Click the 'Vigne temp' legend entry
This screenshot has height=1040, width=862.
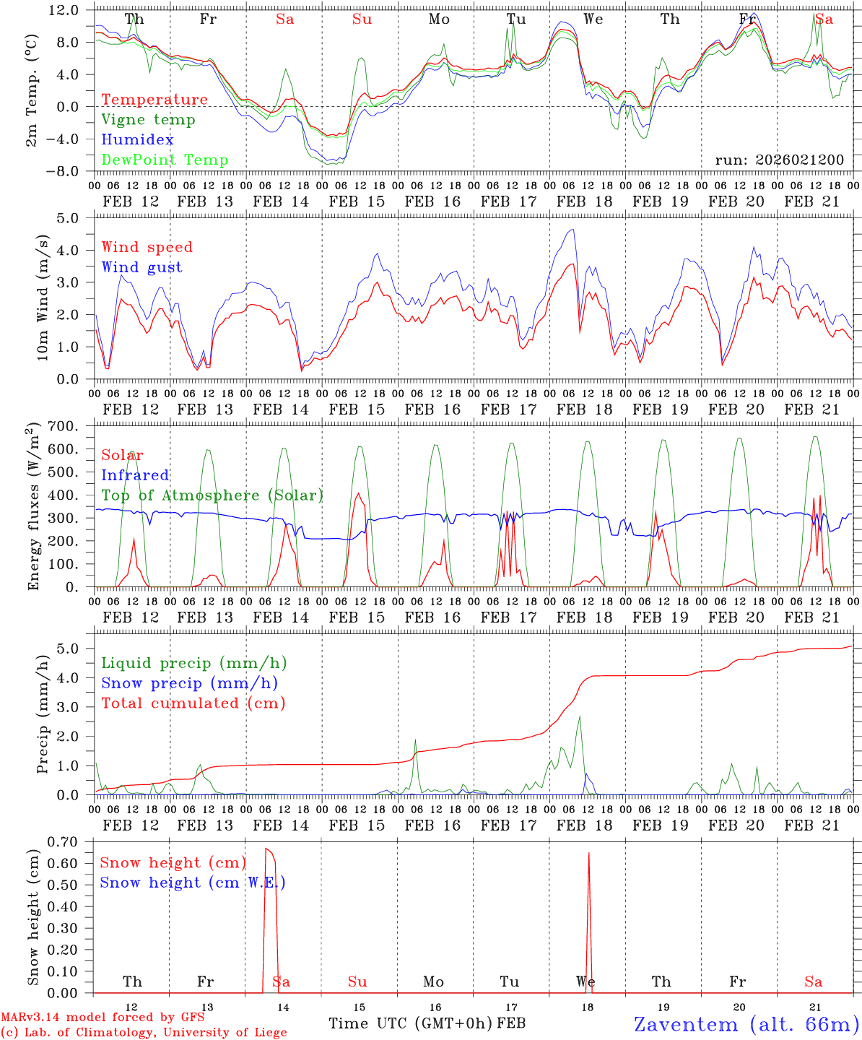(x=148, y=120)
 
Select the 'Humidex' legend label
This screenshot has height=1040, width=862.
(x=137, y=140)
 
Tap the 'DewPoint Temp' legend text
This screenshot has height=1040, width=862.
(x=165, y=160)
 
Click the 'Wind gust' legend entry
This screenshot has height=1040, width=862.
(x=142, y=267)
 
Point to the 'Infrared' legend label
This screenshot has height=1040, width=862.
(x=135, y=475)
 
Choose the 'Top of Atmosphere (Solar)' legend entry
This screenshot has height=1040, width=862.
(x=212, y=495)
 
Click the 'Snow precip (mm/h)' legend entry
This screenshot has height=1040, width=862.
(x=189, y=683)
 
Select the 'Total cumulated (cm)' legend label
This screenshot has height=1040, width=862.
(x=193, y=703)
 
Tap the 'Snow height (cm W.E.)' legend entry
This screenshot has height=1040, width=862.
(x=193, y=883)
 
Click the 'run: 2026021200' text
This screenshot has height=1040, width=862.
(x=779, y=160)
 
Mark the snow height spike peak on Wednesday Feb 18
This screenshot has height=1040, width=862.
(x=588, y=854)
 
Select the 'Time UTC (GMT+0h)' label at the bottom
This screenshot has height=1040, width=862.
(x=411, y=1023)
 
